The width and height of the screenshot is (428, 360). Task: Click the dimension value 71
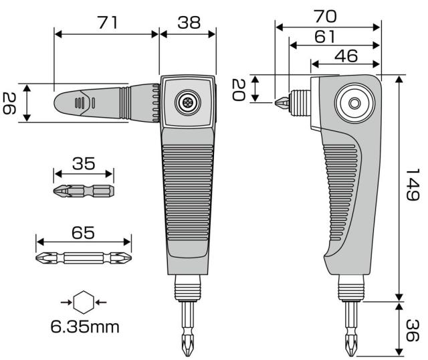[107, 23]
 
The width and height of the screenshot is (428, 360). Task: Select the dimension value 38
[188, 23]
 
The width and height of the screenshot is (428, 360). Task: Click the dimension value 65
[84, 233]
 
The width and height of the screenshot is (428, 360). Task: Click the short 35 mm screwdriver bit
[84, 192]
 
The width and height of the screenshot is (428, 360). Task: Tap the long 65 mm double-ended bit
[84, 257]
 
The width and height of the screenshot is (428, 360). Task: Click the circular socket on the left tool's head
[187, 103]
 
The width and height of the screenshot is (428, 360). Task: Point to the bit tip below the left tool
[187, 338]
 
